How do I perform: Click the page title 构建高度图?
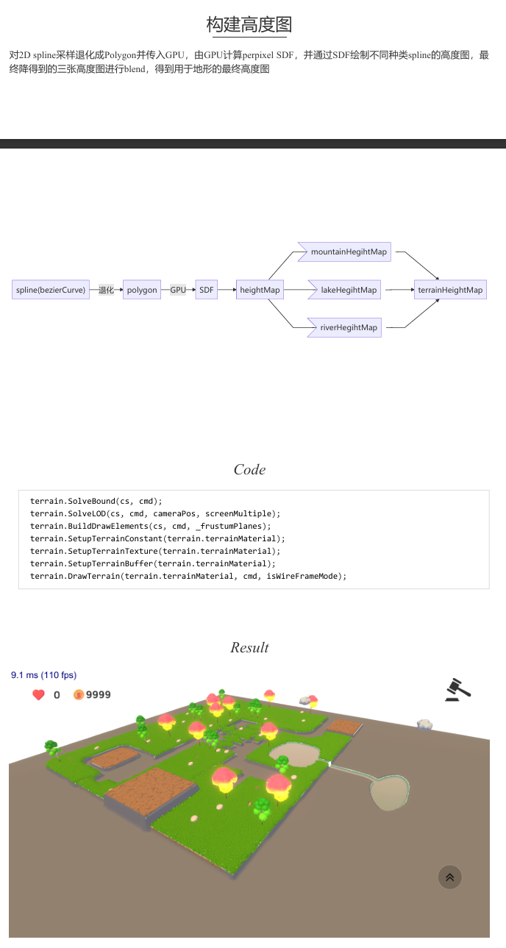coord(249,24)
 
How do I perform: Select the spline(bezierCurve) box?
coord(51,290)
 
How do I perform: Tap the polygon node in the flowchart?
coord(142,290)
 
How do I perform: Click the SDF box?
coord(207,290)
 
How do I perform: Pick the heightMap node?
coord(260,290)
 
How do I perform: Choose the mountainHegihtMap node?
coord(345,252)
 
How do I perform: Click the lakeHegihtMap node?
coord(345,290)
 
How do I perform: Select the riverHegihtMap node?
coord(345,327)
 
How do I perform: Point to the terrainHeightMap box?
coord(450,290)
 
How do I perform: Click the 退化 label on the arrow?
coord(106,290)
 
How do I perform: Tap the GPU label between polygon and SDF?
coord(178,290)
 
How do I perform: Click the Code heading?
coord(249,469)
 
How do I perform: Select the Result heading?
coord(249,647)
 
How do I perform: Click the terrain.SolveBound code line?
coord(96,501)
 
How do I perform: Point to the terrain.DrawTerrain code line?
coord(188,576)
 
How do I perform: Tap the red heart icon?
coord(38,694)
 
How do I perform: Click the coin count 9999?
coord(98,694)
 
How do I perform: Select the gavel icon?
coord(457,690)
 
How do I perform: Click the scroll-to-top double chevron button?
coord(449,877)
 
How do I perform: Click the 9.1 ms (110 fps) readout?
coord(43,675)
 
